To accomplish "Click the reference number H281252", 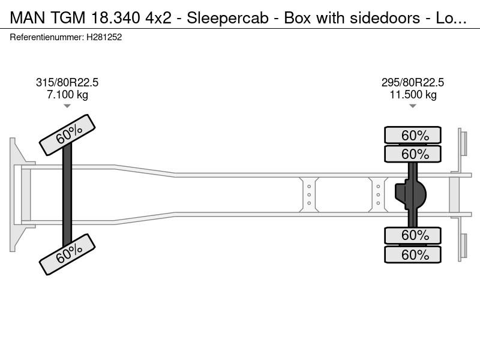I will coord(105,37).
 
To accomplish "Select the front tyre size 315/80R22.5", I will coord(67,83).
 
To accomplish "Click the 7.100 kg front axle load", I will coord(67,95).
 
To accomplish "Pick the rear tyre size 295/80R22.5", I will coord(412,83).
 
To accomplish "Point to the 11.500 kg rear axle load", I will coord(412,95).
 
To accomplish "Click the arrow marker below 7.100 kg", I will coord(67,106).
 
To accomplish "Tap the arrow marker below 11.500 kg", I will coord(412,106).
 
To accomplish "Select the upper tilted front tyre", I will coord(67,134).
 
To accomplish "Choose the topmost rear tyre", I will coord(412,134).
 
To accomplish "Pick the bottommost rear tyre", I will coord(412,255).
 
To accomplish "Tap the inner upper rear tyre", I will coord(412,154).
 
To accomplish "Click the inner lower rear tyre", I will coord(412,235).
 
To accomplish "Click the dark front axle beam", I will coord(67,194).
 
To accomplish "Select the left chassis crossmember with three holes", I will coord(309,194).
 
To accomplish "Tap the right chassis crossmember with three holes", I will coord(378,194).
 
